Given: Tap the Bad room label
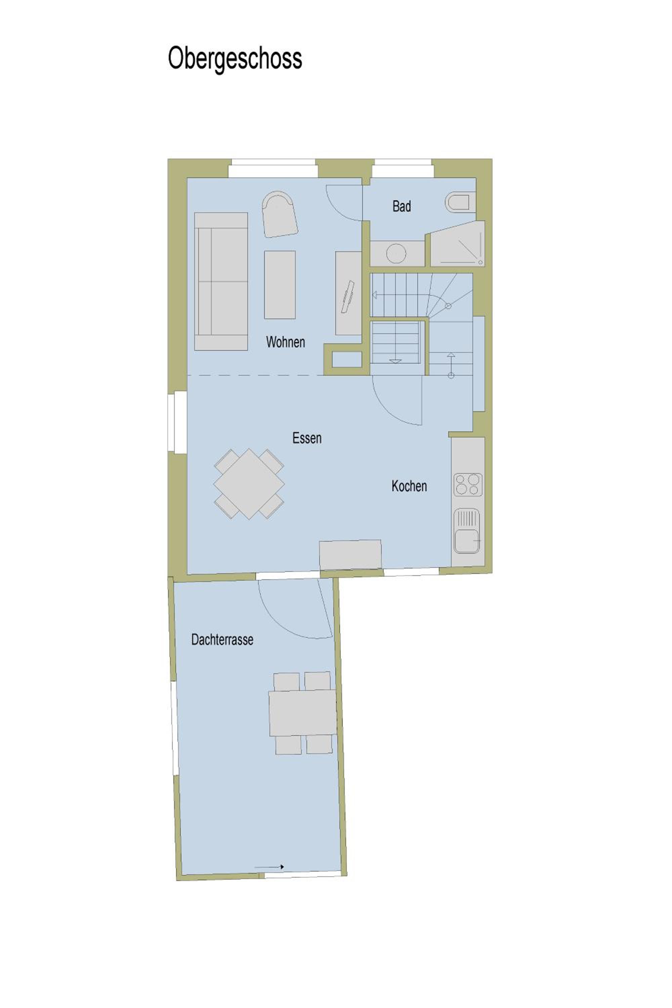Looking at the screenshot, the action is (402, 206).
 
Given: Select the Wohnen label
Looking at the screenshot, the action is (285, 342).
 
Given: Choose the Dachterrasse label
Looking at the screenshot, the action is (222, 639).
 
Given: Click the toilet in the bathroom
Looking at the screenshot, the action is (460, 202).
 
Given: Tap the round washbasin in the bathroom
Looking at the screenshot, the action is (396, 253).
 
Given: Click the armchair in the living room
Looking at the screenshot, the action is (280, 214).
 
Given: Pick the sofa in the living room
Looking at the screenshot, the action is (221, 281).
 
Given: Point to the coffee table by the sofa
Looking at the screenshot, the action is (280, 285).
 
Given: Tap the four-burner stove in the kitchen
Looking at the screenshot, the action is (468, 484).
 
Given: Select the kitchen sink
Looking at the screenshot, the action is (466, 531).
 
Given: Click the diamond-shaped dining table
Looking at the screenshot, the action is (249, 484).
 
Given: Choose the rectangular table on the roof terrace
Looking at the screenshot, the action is (303, 713).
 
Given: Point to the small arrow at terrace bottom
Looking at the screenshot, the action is (269, 867).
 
